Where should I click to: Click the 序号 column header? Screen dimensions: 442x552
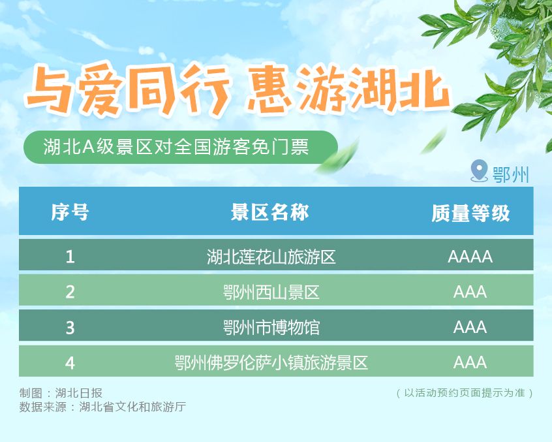[70, 212]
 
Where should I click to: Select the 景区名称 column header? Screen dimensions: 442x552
[269, 212]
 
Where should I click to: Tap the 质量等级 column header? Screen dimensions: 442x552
[470, 213]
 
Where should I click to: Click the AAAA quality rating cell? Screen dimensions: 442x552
[470, 257]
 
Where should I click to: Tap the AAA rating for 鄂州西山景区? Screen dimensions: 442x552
[470, 292]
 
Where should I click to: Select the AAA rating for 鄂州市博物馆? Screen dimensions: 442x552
[470, 327]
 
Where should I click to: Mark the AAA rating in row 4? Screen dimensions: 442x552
[470, 362]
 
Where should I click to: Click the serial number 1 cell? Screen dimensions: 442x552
[70, 257]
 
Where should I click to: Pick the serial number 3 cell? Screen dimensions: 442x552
[70, 327]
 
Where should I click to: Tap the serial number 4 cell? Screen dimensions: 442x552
[70, 362]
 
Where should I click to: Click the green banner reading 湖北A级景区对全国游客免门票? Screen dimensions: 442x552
[176, 147]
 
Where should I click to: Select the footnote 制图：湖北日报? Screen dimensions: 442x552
[61, 393]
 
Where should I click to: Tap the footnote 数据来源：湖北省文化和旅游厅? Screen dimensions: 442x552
[102, 407]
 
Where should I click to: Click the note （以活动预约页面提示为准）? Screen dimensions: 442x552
[465, 393]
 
